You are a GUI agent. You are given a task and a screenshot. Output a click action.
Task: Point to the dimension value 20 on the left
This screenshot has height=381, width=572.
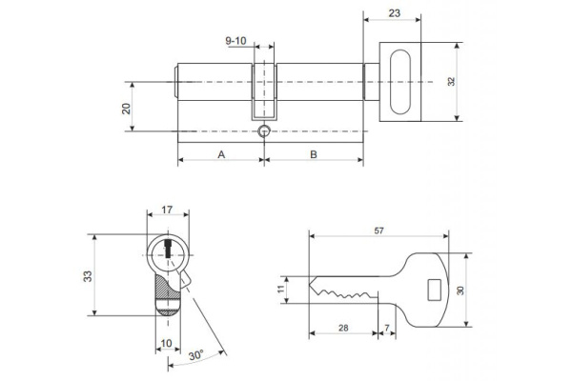click(126, 108)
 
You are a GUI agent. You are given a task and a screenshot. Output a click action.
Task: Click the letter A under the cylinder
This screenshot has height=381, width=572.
click(221, 153)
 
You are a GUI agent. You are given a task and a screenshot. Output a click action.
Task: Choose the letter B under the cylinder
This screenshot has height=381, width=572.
click(313, 153)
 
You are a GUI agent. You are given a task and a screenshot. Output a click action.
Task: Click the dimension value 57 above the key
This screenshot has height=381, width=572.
click(379, 230)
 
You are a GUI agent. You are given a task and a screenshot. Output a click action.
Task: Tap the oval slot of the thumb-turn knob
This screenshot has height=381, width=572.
click(403, 82)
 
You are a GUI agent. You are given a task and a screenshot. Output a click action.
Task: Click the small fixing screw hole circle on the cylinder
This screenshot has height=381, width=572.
click(264, 130)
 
